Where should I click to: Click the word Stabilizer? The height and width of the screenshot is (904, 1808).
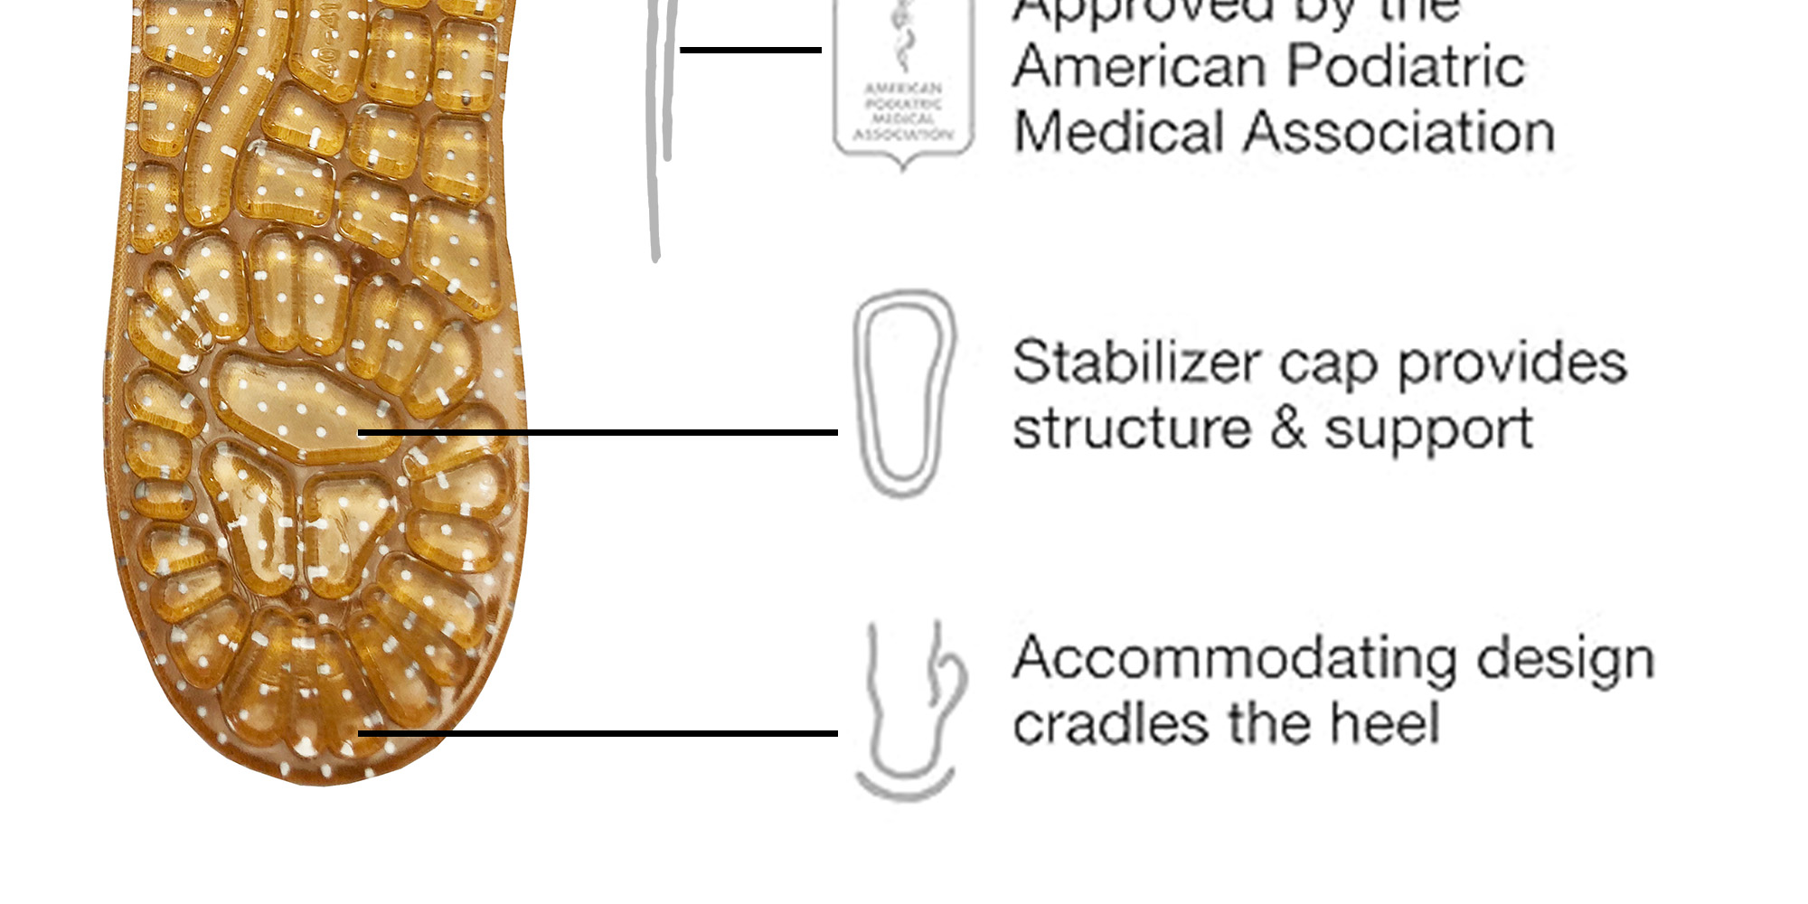click(1135, 363)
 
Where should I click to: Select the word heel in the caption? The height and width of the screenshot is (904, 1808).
click(1384, 724)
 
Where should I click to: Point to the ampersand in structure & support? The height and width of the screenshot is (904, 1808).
click(1287, 428)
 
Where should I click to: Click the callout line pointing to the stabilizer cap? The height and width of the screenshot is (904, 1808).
click(597, 433)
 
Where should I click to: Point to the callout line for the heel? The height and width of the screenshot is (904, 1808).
click(597, 733)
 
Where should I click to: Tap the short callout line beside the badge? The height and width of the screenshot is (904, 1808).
click(750, 50)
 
